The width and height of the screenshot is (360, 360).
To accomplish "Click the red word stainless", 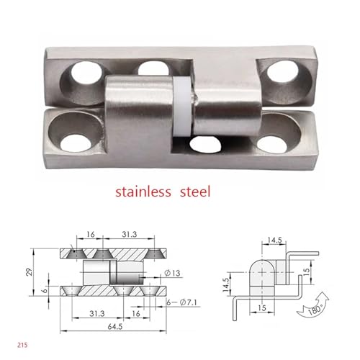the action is [143, 192].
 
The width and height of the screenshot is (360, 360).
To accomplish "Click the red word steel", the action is [195, 192].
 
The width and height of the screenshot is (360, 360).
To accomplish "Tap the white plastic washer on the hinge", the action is [182, 107].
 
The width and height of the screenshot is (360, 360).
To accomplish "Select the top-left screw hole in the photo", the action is [86, 73].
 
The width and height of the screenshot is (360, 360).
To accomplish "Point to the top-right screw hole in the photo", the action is [282, 71].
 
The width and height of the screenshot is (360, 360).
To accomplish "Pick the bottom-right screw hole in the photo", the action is [272, 145].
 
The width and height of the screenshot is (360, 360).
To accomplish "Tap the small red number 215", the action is [22, 345].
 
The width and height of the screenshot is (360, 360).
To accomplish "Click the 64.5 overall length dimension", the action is [115, 327].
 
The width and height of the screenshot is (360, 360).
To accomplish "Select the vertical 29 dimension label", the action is [30, 272].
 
